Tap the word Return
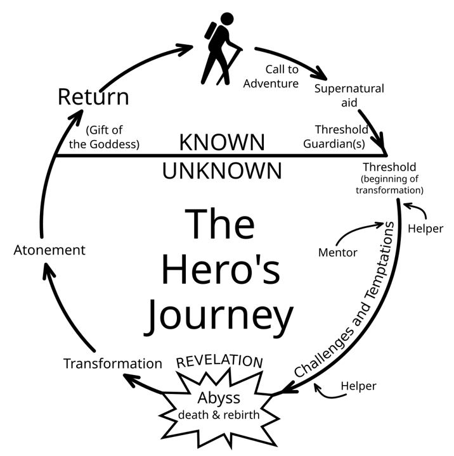pyautogui.click(x=93, y=97)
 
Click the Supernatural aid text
pyautogui.click(x=349, y=95)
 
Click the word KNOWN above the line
pyautogui.click(x=222, y=142)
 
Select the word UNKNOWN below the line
pyautogui.click(x=222, y=170)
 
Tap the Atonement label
pyautogui.click(x=49, y=250)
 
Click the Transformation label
pyautogui.click(x=113, y=364)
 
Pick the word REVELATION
pyautogui.click(x=219, y=362)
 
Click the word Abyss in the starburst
pyautogui.click(x=219, y=398)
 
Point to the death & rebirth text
pyautogui.click(x=219, y=415)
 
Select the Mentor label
pyautogui.click(x=337, y=253)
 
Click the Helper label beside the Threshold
pyautogui.click(x=425, y=228)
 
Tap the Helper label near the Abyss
pyautogui.click(x=358, y=386)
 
